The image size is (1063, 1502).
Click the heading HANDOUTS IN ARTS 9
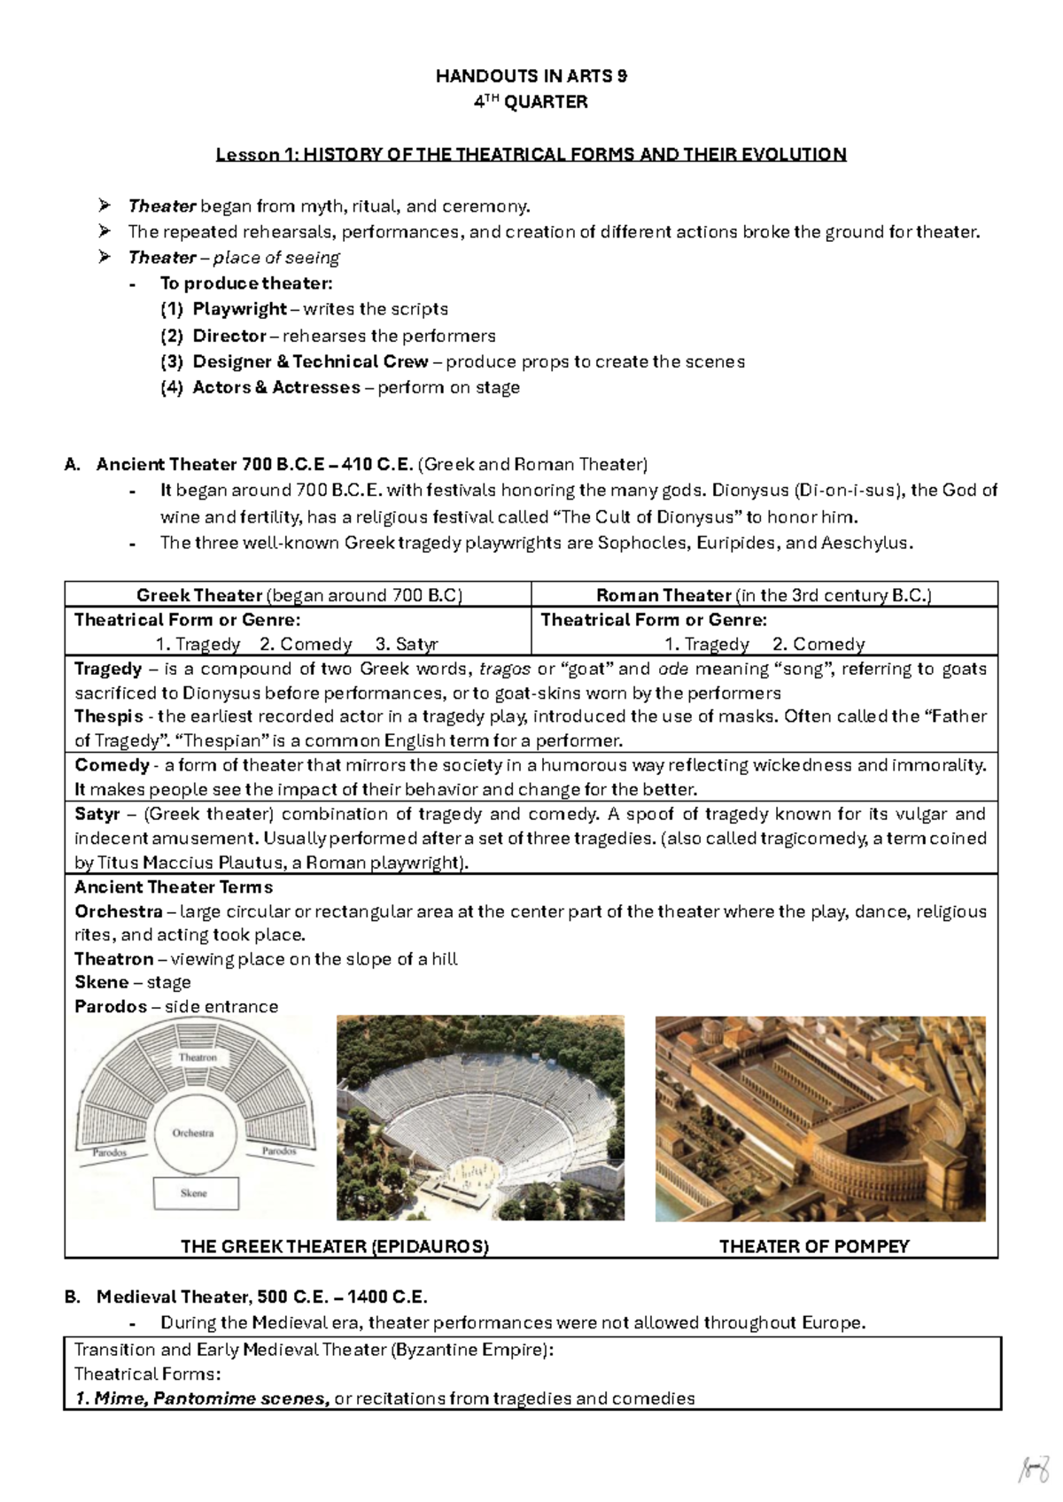531,76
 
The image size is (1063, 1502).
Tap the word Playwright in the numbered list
239,309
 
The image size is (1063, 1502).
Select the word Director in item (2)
229,336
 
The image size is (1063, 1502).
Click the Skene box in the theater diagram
195,1193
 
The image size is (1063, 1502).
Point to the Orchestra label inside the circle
193,1133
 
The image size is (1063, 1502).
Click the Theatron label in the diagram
198,1057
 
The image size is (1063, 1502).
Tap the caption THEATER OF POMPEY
813,1246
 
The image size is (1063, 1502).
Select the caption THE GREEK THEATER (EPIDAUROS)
334,1246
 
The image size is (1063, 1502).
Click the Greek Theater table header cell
299,595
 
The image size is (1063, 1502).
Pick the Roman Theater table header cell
764,595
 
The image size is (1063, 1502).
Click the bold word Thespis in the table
108,716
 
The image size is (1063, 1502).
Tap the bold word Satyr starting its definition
97,814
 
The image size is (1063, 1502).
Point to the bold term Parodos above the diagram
111,1006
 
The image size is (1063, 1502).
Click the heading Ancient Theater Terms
174,887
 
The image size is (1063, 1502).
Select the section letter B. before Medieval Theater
73,1297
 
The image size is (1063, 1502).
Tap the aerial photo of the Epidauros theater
480,1118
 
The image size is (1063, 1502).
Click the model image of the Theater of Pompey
819,1118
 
